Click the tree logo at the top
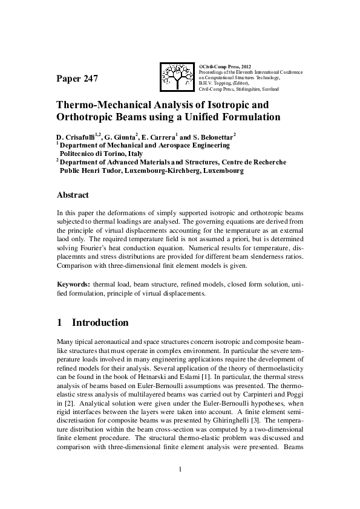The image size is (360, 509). click(177, 77)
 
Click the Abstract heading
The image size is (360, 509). click(73, 195)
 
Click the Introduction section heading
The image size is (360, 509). click(100, 323)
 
